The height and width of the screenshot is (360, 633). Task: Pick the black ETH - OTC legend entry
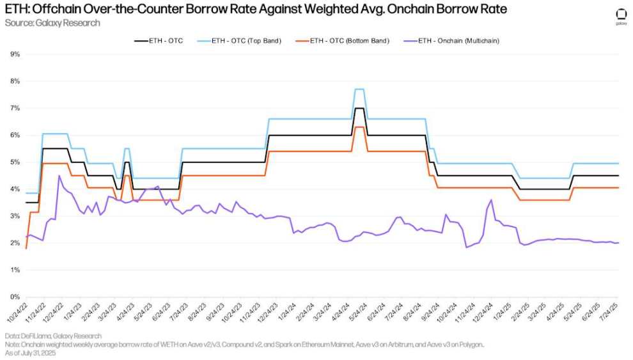(157, 41)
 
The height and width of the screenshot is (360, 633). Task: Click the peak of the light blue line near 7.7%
(359, 89)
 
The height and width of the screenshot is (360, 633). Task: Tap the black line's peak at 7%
(359, 108)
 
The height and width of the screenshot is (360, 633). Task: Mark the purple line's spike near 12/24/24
(490, 200)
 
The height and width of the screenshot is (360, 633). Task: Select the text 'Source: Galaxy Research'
(43, 23)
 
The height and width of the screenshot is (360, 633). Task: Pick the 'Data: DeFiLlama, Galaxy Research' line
(52, 336)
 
